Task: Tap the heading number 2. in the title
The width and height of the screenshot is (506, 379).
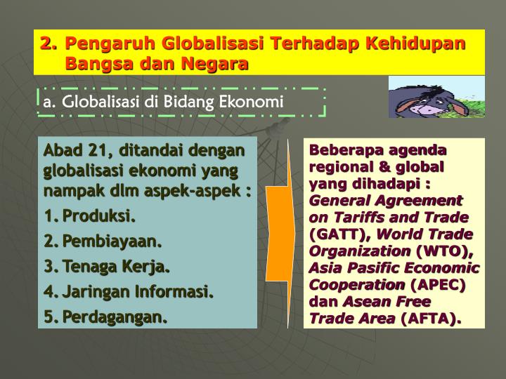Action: tap(48, 44)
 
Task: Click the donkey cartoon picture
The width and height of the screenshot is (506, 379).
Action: tap(436, 97)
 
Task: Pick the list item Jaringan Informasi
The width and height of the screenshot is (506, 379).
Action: tap(138, 292)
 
